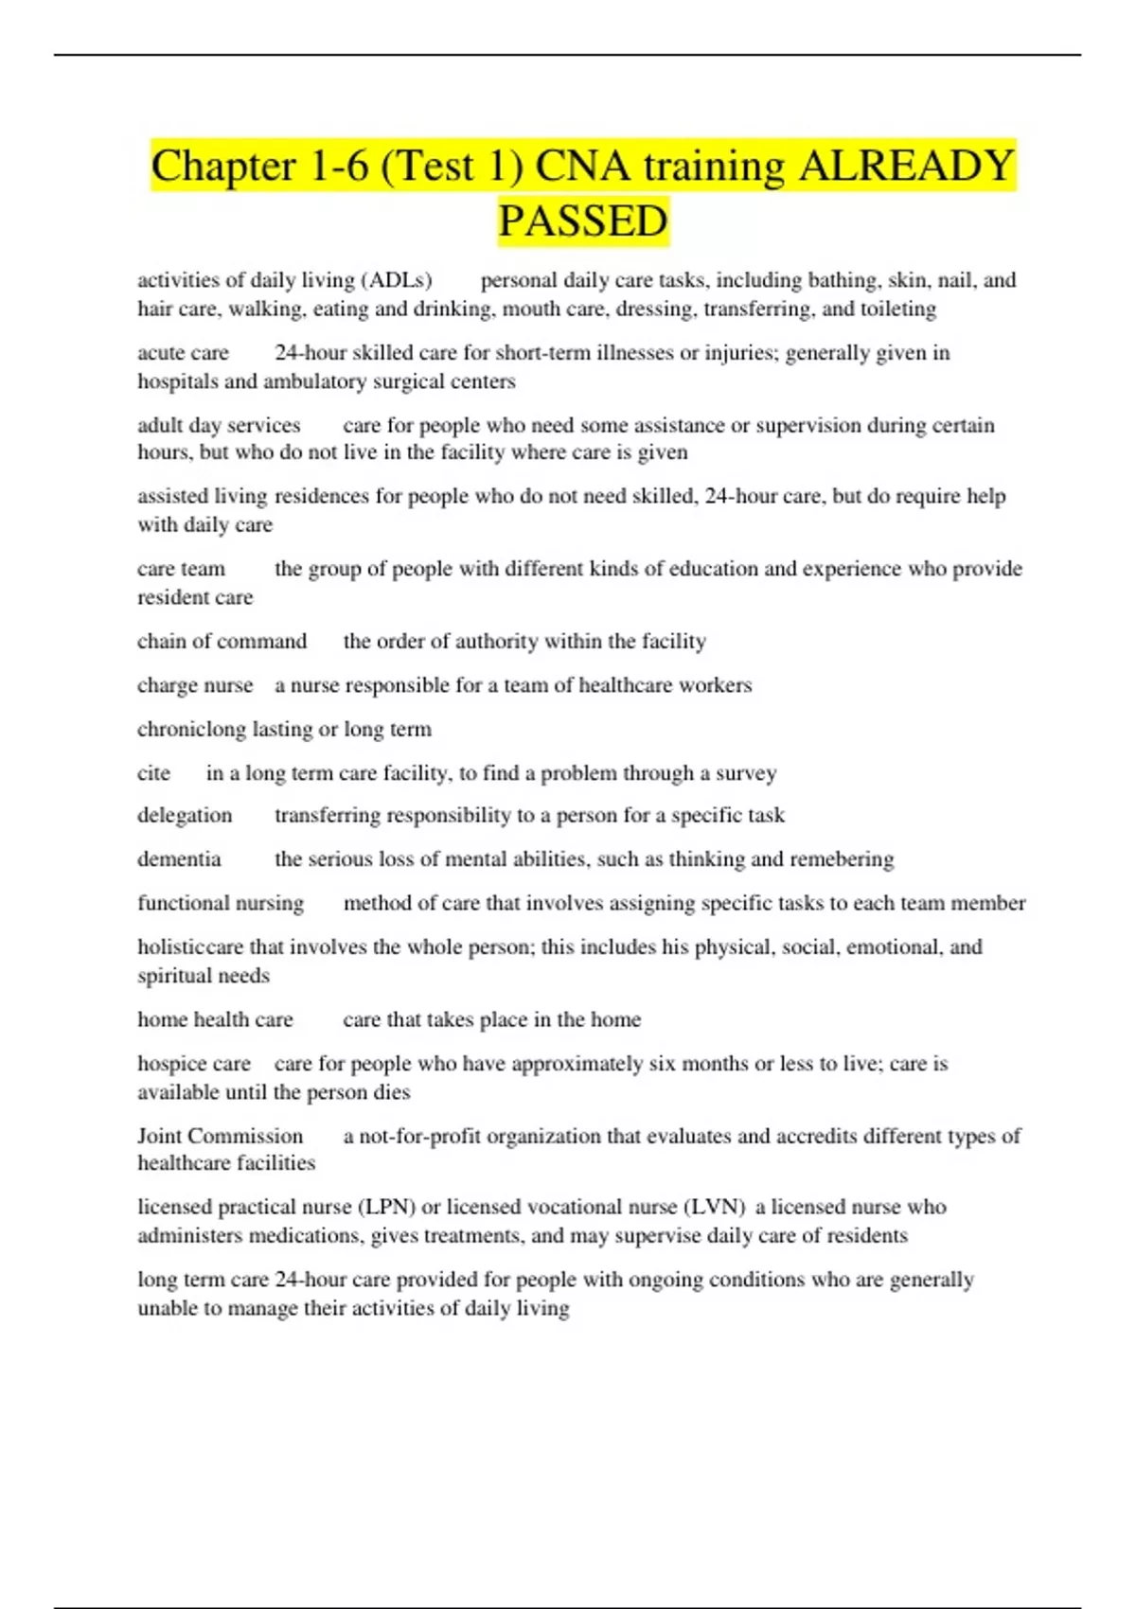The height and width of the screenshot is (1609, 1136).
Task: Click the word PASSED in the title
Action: (x=583, y=221)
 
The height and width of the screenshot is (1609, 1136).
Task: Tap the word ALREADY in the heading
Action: (x=907, y=166)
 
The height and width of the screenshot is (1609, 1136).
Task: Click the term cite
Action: (x=153, y=772)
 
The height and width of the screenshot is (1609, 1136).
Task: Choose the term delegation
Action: (x=185, y=815)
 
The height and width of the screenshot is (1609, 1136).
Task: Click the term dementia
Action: (x=179, y=858)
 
